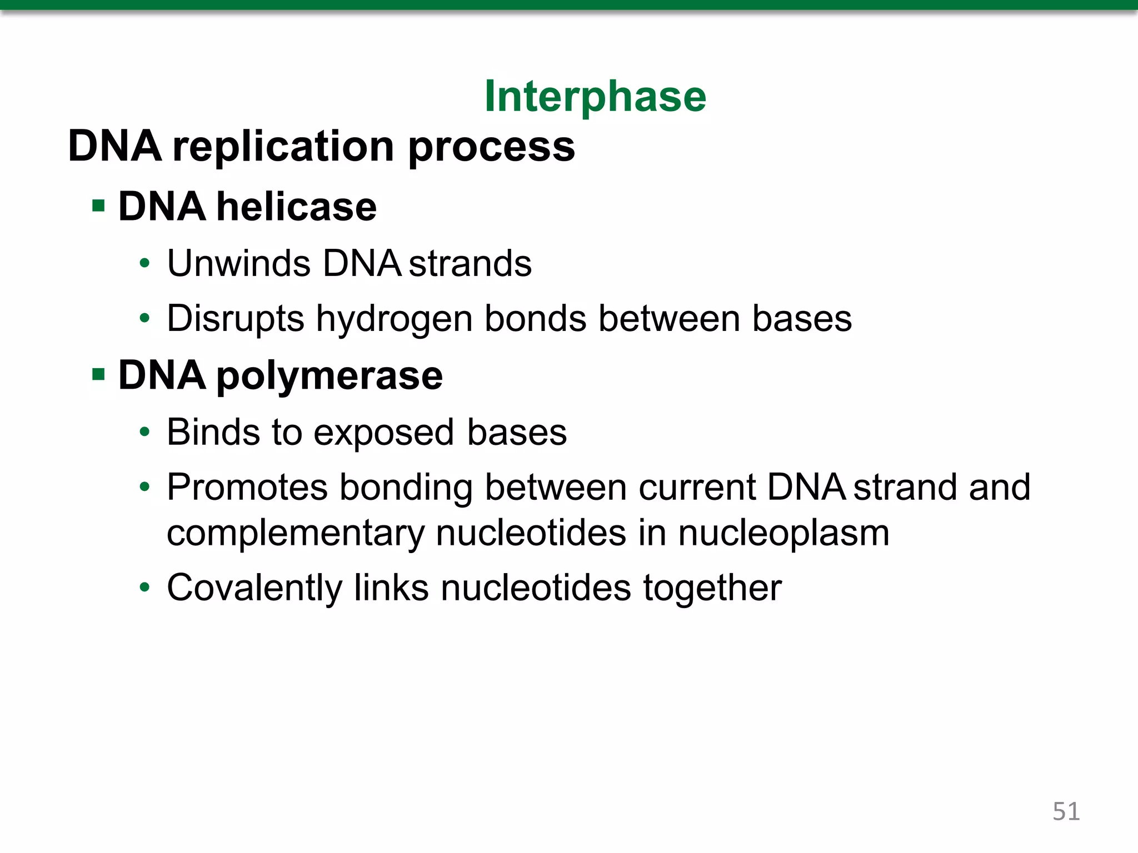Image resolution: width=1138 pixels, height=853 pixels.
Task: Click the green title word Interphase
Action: tap(595, 97)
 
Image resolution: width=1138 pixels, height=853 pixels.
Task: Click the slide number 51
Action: tap(1066, 811)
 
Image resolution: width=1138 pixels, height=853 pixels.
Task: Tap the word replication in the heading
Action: tap(283, 147)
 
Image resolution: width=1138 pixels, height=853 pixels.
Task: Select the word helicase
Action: tap(296, 207)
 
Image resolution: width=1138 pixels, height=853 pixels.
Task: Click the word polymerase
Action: tap(329, 377)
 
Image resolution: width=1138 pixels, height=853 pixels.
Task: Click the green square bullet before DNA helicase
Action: tap(99, 207)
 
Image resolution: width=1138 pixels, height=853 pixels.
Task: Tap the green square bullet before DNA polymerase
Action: tap(99, 375)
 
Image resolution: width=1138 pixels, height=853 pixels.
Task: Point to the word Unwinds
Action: tap(238, 263)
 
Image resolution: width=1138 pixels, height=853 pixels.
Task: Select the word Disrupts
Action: tap(236, 319)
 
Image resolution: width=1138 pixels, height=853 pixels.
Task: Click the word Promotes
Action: tap(247, 488)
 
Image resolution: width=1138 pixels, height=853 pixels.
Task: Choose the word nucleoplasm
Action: tap(783, 533)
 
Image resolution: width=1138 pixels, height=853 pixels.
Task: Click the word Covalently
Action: tap(254, 588)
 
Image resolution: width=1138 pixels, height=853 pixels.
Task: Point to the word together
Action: tap(712, 589)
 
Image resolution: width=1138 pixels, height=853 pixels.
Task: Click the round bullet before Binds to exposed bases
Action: tap(145, 432)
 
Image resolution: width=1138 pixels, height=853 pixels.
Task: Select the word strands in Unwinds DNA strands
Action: tap(470, 263)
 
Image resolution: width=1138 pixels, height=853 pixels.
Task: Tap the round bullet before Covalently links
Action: tap(145, 588)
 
